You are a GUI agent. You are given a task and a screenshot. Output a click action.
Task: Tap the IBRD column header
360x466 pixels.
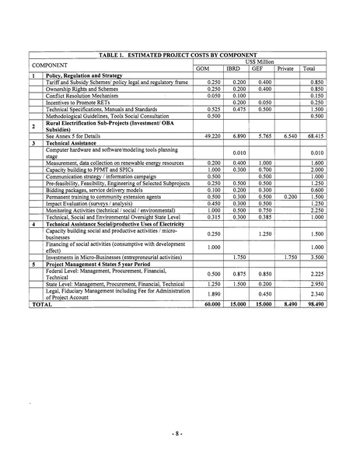232,68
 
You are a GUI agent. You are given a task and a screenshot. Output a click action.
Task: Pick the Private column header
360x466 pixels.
285,68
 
